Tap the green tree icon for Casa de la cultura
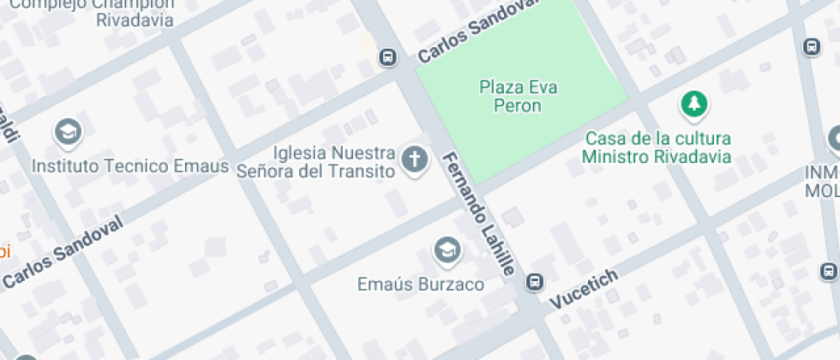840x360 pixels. pyautogui.click(x=693, y=105)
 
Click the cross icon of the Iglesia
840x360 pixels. pyautogui.click(x=415, y=159)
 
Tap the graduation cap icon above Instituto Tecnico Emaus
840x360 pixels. pyautogui.click(x=67, y=132)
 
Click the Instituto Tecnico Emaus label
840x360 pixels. pyautogui.click(x=130, y=165)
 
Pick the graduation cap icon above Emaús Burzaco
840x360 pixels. pyautogui.click(x=447, y=250)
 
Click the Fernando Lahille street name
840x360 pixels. pyautogui.click(x=478, y=214)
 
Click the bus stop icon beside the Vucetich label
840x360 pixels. pyautogui.click(x=535, y=281)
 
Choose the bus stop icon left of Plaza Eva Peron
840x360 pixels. pyautogui.click(x=387, y=58)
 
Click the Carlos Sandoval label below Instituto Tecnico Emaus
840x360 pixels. pyautogui.click(x=63, y=250)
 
